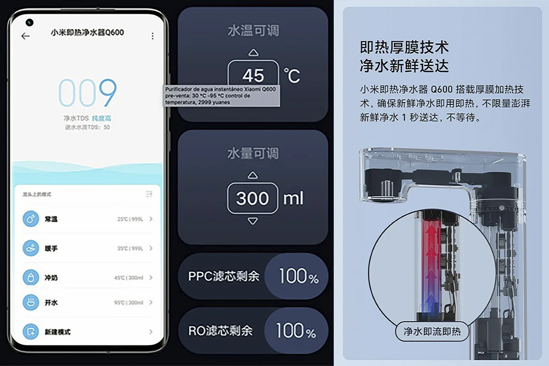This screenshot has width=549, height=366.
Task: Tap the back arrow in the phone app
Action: pyautogui.click(x=25, y=36)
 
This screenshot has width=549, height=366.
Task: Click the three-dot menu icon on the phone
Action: pyautogui.click(x=153, y=36)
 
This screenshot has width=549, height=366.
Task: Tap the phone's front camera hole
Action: pyautogui.click(x=29, y=22)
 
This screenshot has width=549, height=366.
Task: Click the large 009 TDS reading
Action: pyautogui.click(x=88, y=93)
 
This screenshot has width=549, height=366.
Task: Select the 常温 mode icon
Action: pyautogui.click(x=31, y=219)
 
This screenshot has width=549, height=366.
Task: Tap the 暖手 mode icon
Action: pyautogui.click(x=31, y=248)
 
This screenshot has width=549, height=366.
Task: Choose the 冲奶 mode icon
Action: pyautogui.click(x=31, y=278)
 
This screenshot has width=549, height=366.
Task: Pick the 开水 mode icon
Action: pyautogui.click(x=31, y=302)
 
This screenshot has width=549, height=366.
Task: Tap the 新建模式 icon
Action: pyautogui.click(x=31, y=332)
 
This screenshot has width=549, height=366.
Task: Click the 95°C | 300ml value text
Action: pyautogui.click(x=130, y=302)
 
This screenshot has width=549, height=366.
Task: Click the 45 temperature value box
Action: pyautogui.click(x=253, y=75)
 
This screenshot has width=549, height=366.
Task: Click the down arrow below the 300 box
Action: pyautogui.click(x=253, y=221)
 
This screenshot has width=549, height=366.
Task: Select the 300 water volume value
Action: pyautogui.click(x=253, y=198)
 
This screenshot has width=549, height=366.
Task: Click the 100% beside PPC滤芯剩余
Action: pyautogui.click(x=298, y=276)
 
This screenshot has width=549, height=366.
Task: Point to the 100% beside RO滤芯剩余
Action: pyautogui.click(x=296, y=331)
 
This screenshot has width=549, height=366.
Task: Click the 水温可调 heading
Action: pyautogui.click(x=253, y=31)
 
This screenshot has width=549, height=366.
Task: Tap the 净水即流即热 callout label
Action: pyautogui.click(x=432, y=331)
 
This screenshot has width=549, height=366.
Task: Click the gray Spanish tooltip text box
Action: pyautogui.click(x=221, y=95)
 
